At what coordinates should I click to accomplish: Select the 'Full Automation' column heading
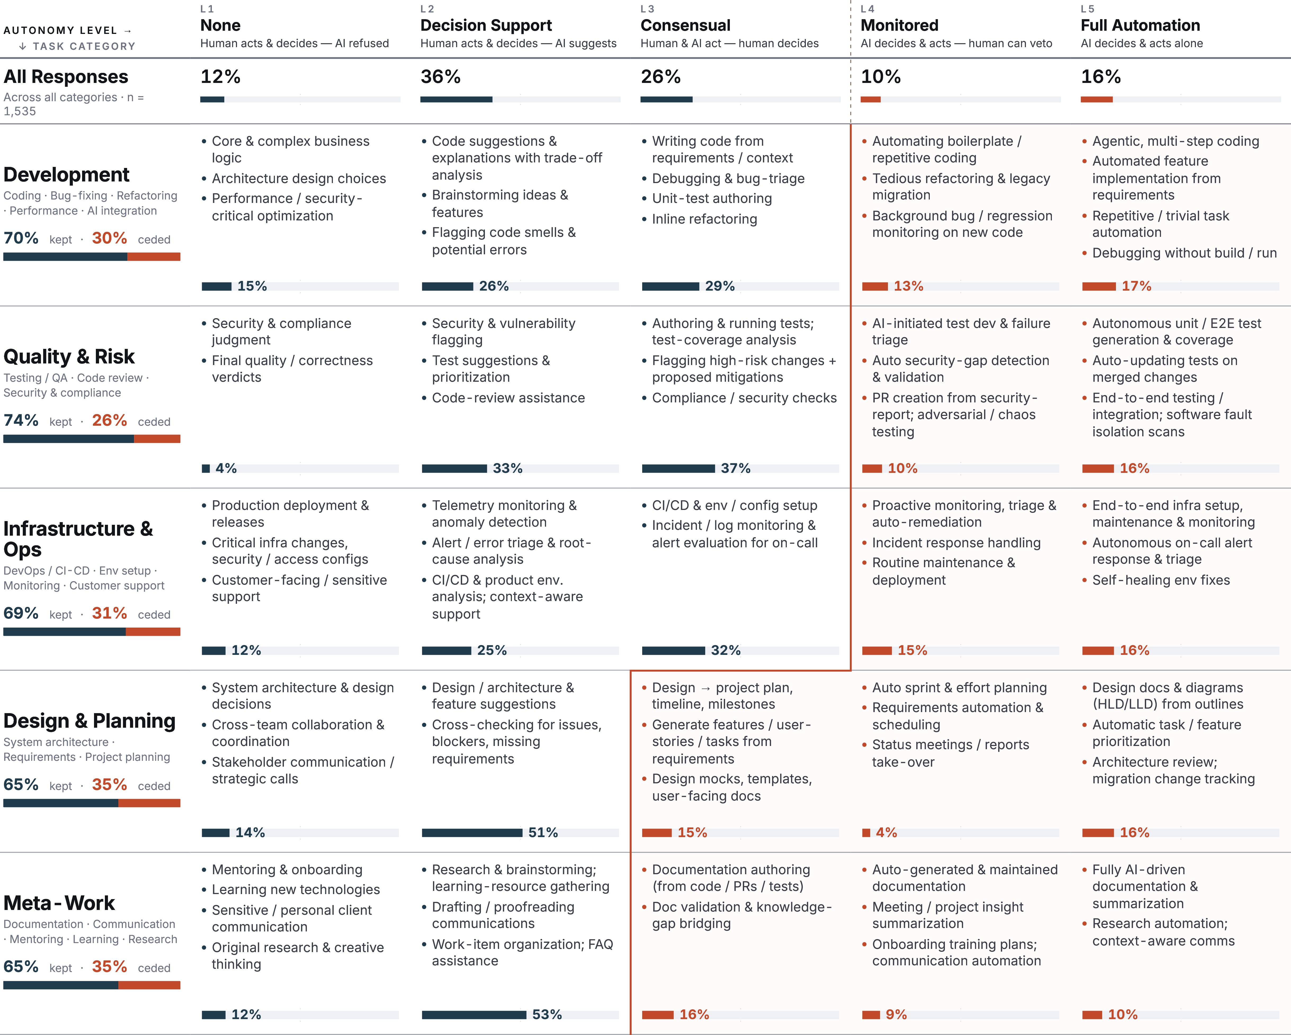point(1140,26)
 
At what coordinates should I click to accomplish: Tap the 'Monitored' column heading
point(899,26)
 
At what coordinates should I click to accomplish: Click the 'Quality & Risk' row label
point(69,357)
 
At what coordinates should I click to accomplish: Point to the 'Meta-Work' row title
point(59,903)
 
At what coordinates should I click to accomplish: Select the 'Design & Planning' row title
point(89,721)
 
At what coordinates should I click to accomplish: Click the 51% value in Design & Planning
point(543,833)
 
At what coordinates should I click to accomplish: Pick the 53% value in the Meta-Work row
point(547,1015)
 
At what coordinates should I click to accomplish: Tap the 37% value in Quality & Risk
point(735,468)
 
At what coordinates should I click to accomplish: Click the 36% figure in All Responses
point(441,77)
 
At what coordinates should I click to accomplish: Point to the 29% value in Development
point(720,286)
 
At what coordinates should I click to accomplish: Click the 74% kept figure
point(21,420)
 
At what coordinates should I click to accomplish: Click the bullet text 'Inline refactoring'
point(704,219)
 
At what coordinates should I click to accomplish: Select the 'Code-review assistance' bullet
point(508,398)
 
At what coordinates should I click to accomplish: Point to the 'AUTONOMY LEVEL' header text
point(60,30)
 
